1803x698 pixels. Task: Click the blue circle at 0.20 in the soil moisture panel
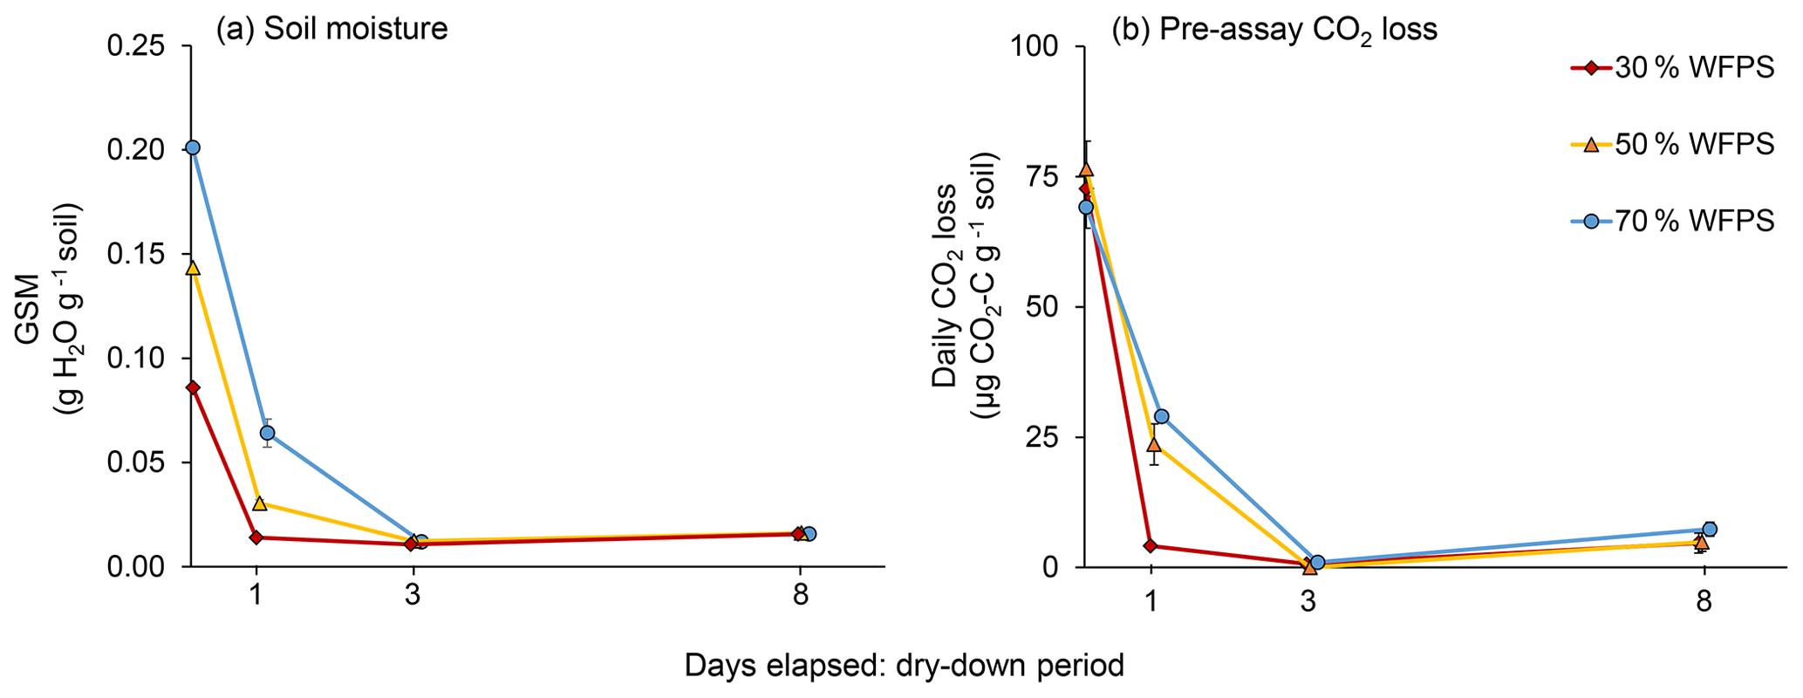(193, 147)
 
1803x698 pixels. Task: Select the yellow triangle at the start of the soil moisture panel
(193, 268)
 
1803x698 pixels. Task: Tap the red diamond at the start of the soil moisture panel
(193, 387)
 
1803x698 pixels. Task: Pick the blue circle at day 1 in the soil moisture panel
(267, 433)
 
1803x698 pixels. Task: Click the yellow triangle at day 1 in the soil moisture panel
(259, 503)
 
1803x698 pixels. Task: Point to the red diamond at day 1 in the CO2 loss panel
(1150, 546)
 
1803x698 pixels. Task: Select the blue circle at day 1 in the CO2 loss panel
(1161, 417)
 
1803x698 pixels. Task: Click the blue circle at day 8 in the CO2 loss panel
(1710, 529)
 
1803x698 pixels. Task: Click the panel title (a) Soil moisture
(331, 30)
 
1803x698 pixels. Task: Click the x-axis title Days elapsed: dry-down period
(904, 667)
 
